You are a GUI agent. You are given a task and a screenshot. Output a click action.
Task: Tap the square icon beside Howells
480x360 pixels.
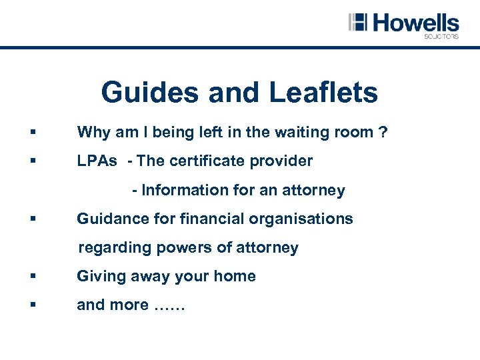[x=358, y=21]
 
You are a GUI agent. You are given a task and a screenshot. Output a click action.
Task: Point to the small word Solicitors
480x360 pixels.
[x=441, y=37]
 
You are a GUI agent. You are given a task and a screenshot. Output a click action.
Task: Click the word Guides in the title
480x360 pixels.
[x=151, y=93]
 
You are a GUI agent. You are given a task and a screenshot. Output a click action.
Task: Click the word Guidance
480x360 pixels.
[x=109, y=219]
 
